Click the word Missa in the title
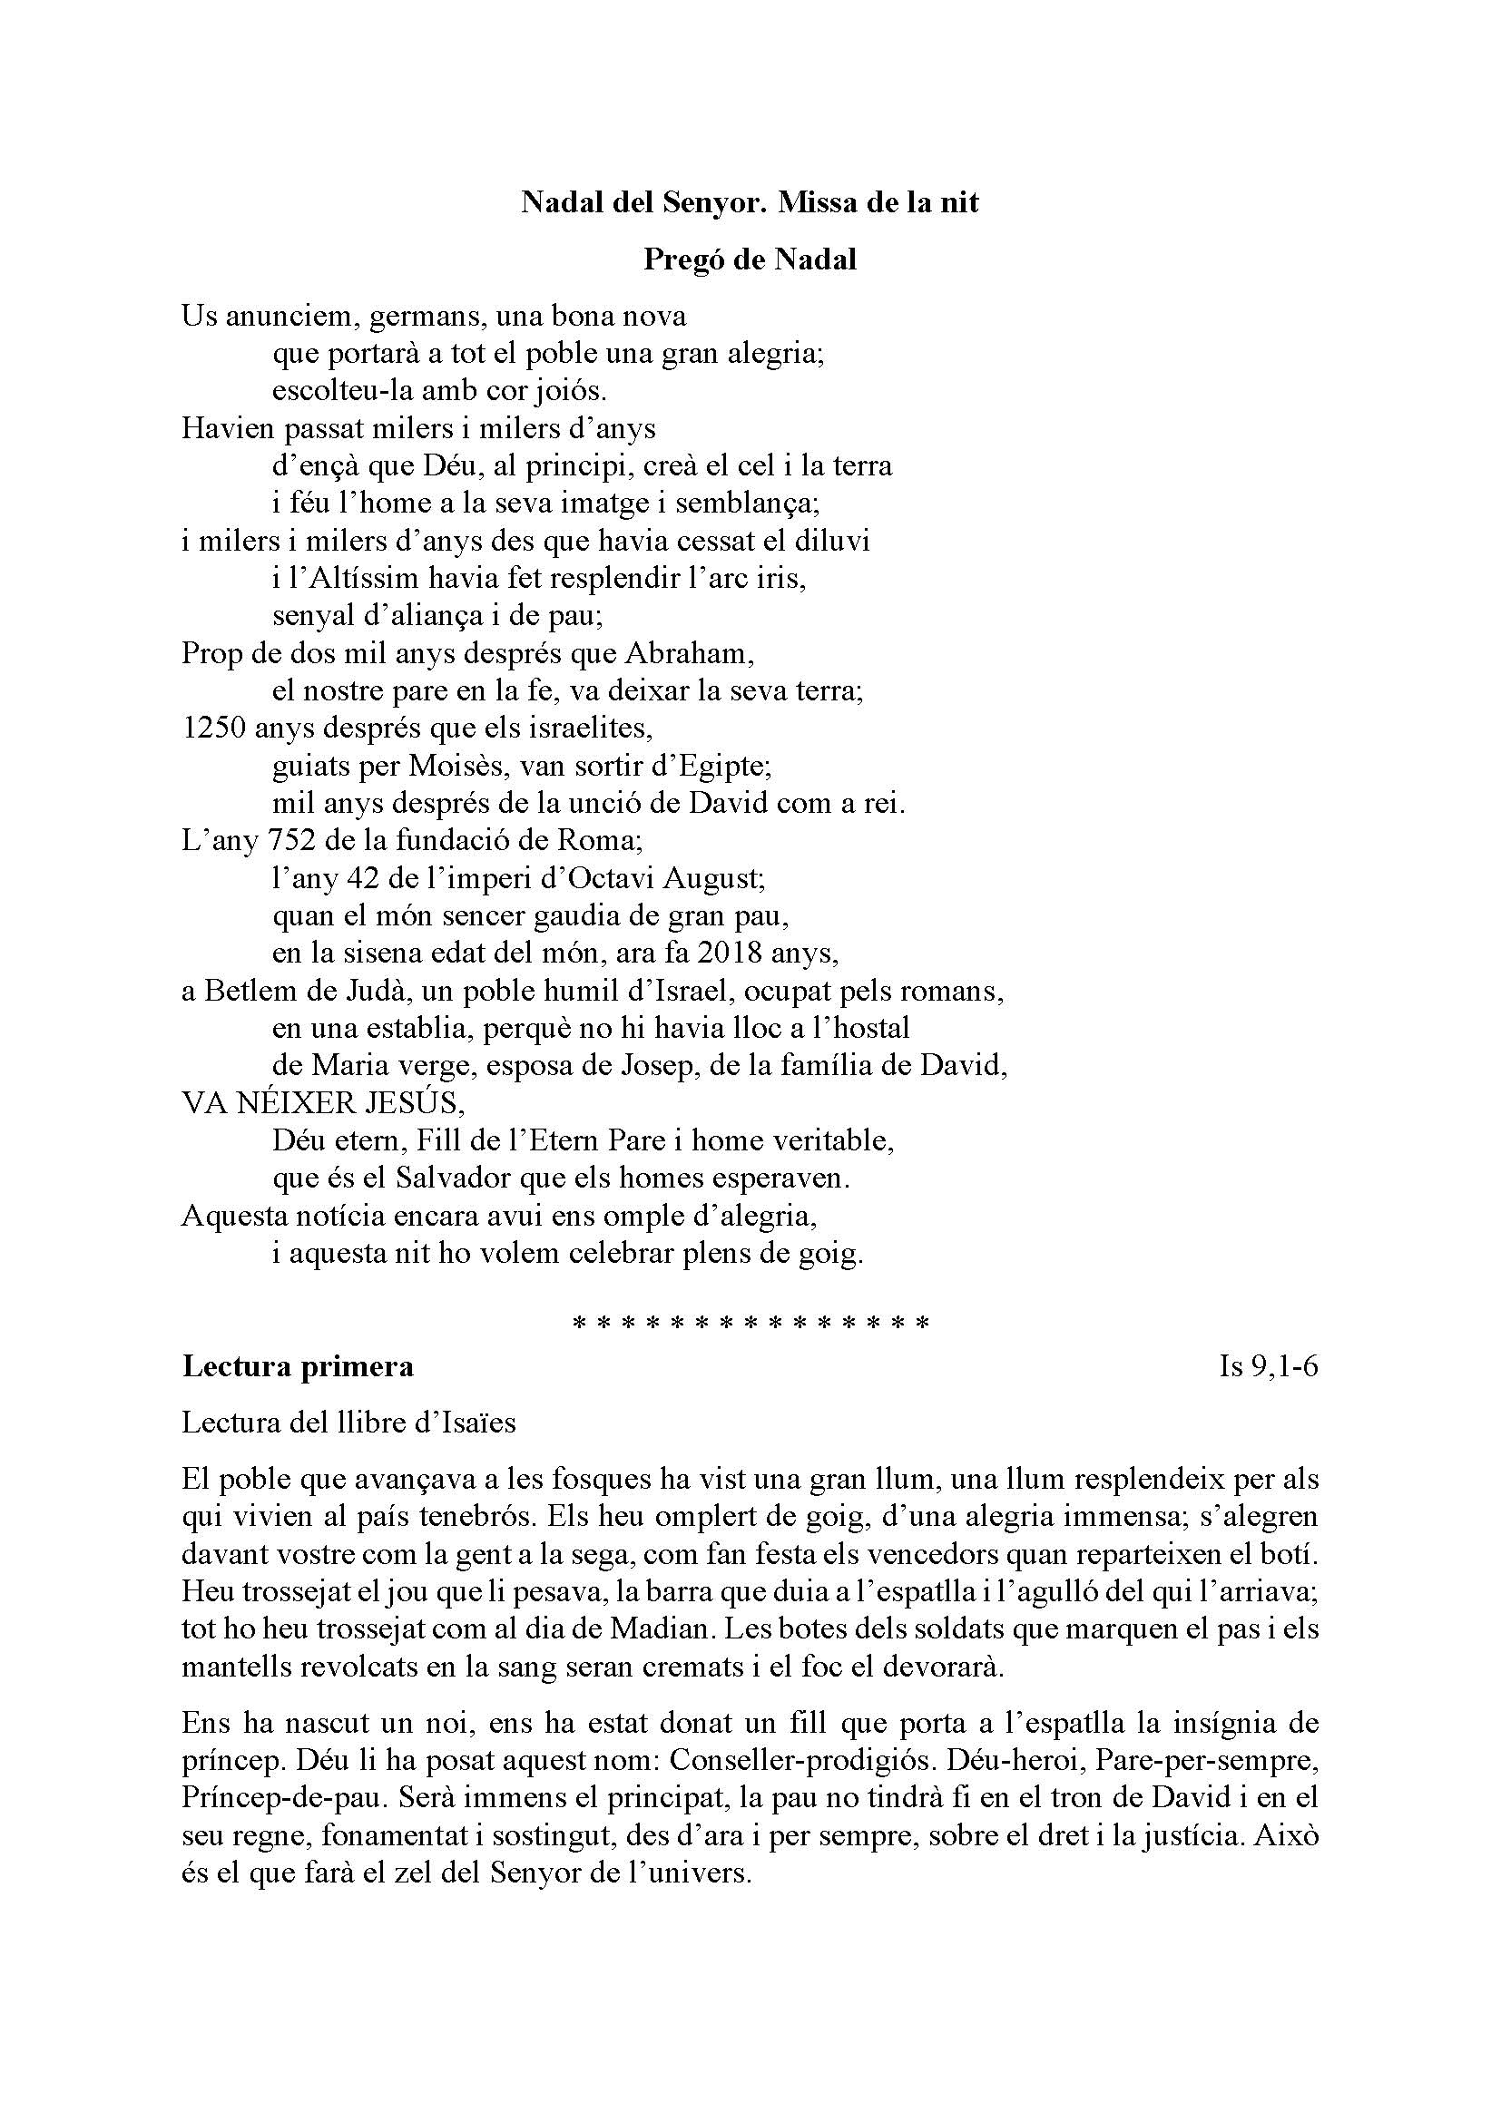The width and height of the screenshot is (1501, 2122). click(x=816, y=201)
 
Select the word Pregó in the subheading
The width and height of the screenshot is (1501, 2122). click(x=682, y=259)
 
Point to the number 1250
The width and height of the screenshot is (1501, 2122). click(x=213, y=728)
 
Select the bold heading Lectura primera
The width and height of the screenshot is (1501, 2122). click(x=298, y=1365)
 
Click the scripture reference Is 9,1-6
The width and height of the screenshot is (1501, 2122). click(x=1268, y=1366)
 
